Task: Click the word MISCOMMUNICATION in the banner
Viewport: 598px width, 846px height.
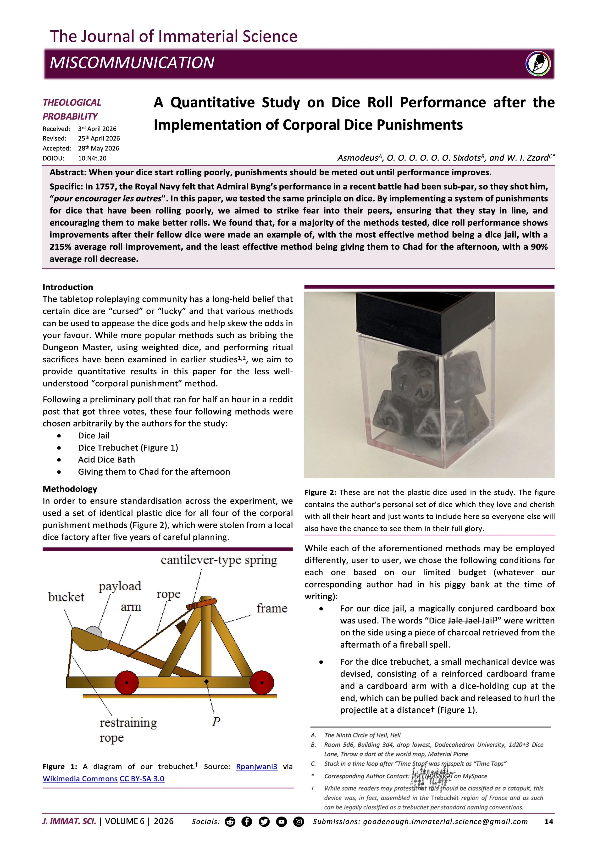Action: (132, 63)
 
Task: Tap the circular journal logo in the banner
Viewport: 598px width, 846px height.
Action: (538, 63)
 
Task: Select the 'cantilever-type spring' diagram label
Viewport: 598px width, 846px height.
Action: (219, 560)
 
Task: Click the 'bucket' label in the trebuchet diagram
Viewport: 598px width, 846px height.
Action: (66, 597)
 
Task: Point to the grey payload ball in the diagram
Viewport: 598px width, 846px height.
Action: (94, 632)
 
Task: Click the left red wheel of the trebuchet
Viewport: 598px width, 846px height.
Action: (127, 682)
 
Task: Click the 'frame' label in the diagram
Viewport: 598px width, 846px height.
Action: (272, 608)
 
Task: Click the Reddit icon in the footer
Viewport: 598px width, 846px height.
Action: (230, 822)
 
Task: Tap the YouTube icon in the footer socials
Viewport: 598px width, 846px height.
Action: (281, 822)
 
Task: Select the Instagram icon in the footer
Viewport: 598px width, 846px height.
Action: (299, 822)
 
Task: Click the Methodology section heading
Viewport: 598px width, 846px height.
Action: (70, 489)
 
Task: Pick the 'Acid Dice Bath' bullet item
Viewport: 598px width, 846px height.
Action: (106, 460)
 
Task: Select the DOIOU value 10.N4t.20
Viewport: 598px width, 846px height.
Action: (92, 158)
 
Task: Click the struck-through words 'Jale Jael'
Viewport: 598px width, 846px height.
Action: (464, 621)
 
